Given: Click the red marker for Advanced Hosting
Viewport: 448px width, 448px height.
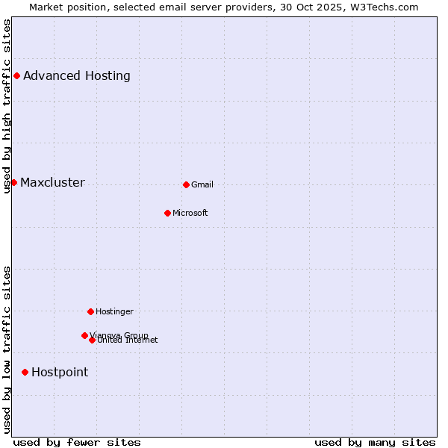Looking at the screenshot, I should tap(16, 75).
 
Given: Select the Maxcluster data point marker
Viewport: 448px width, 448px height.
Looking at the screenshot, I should tap(13, 182).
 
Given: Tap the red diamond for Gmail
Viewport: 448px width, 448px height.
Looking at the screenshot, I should tap(186, 184).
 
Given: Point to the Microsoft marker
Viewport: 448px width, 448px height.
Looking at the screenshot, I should tap(167, 213).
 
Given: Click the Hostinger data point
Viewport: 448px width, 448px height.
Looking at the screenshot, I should tap(90, 311).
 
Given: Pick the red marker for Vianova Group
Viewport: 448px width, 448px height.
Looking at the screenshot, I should tap(84, 335).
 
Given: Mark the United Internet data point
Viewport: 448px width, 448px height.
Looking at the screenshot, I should tap(92, 340).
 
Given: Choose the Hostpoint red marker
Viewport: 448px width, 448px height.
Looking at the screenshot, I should tap(25, 372).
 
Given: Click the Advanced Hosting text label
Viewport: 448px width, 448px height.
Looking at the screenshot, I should tap(77, 75).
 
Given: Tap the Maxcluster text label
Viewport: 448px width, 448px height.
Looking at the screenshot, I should tap(52, 182).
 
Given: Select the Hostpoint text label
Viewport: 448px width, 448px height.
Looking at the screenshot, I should tap(60, 372).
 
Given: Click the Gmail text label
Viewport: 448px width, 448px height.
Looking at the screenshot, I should tap(202, 184).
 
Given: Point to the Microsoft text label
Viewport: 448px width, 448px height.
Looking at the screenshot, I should tap(190, 213).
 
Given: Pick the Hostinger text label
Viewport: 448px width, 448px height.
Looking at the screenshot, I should tap(114, 311).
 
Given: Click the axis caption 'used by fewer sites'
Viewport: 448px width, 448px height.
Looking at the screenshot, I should tap(77, 442).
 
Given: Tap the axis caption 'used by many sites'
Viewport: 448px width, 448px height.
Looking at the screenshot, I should tap(375, 442).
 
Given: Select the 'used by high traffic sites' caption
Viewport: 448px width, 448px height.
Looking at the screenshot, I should tap(7, 106).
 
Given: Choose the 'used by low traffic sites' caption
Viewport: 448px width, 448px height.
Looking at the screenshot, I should tap(7, 349).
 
